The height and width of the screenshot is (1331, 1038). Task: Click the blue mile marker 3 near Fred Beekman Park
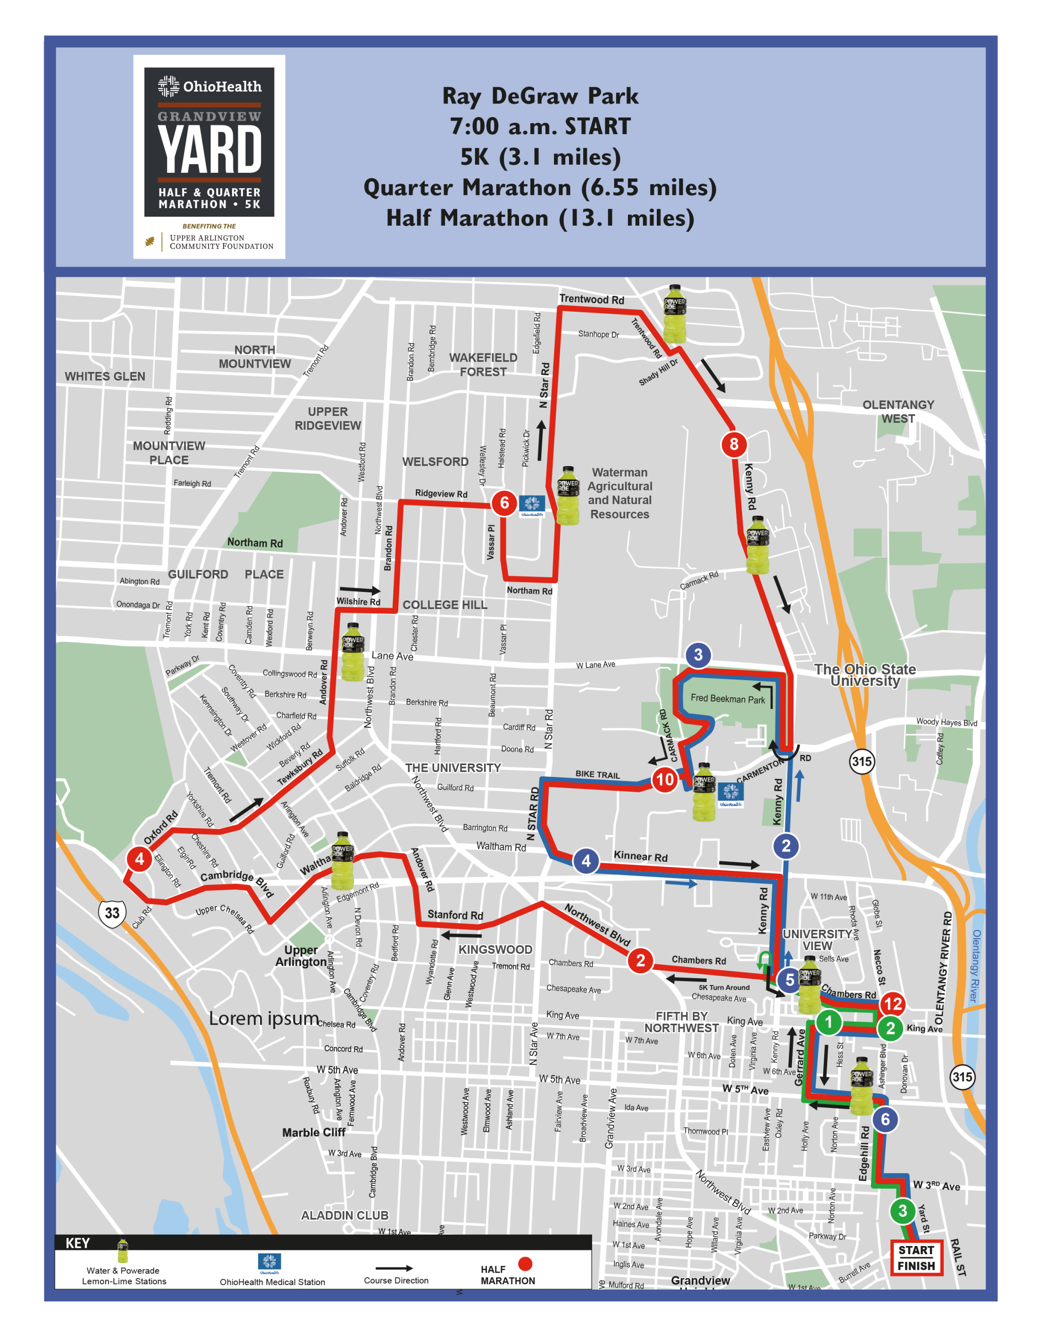tap(698, 655)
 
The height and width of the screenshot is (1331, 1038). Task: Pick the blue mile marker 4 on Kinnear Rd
tap(586, 860)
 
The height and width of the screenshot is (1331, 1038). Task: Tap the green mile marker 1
tap(828, 1022)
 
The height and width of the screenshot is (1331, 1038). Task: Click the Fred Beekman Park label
tap(728, 699)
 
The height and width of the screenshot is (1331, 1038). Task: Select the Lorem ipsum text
tap(264, 1019)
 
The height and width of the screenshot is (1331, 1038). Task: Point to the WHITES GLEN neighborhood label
tap(105, 376)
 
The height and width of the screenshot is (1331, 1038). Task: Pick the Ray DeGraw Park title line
tap(540, 96)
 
